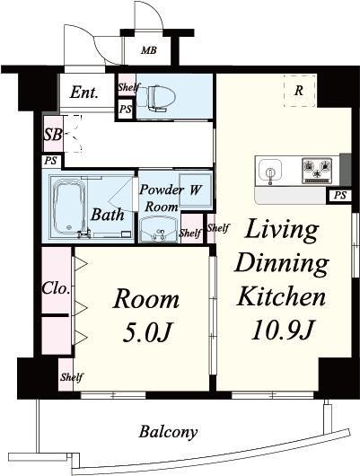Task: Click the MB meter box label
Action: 149,50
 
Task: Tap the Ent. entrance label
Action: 84,93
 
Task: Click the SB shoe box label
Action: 53,134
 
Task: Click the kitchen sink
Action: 270,171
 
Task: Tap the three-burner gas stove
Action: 317,171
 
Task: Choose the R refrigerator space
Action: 299,90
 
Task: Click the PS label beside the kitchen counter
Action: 339,195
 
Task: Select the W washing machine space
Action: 195,190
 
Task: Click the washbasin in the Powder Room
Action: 158,229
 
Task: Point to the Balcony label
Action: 168,432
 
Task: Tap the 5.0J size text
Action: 148,332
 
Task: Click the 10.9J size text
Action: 282,330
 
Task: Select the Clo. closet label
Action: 56,287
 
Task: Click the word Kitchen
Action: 282,296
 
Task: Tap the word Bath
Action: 108,215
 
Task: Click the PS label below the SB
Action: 50,161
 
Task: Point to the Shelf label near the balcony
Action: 71,377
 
